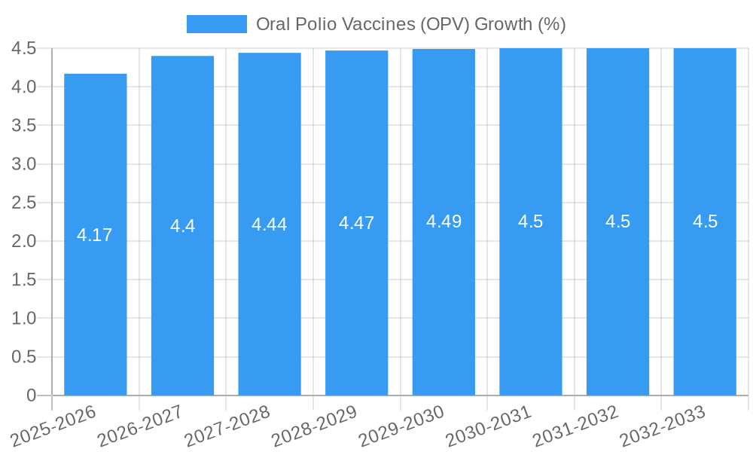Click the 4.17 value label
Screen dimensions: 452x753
[95, 235]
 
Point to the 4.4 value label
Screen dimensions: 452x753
[183, 226]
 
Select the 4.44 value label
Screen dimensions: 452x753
[270, 224]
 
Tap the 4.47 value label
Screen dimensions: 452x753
[357, 223]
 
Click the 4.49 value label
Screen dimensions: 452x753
[444, 221]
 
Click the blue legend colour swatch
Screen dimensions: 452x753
[217, 24]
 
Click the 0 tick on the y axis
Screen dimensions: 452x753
[31, 395]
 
